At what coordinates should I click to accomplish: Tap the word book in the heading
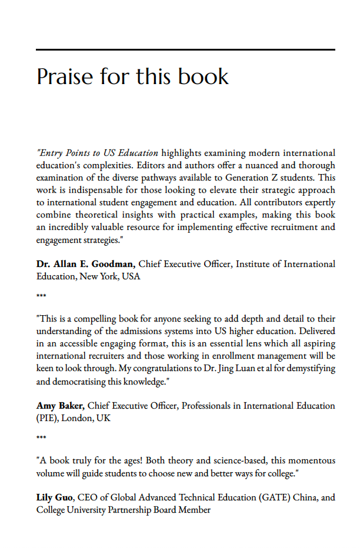[x=205, y=77]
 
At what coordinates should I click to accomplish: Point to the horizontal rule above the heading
[x=185, y=49]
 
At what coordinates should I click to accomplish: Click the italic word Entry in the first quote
[x=51, y=153]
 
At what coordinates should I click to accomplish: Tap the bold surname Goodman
[x=114, y=264]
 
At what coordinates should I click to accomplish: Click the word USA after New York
[x=131, y=276]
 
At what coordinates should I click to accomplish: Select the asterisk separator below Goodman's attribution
[x=41, y=296]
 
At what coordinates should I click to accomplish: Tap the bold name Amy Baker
[x=61, y=406]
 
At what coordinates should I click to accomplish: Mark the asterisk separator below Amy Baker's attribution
[x=41, y=438]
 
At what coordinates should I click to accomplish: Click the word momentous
[x=313, y=460]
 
